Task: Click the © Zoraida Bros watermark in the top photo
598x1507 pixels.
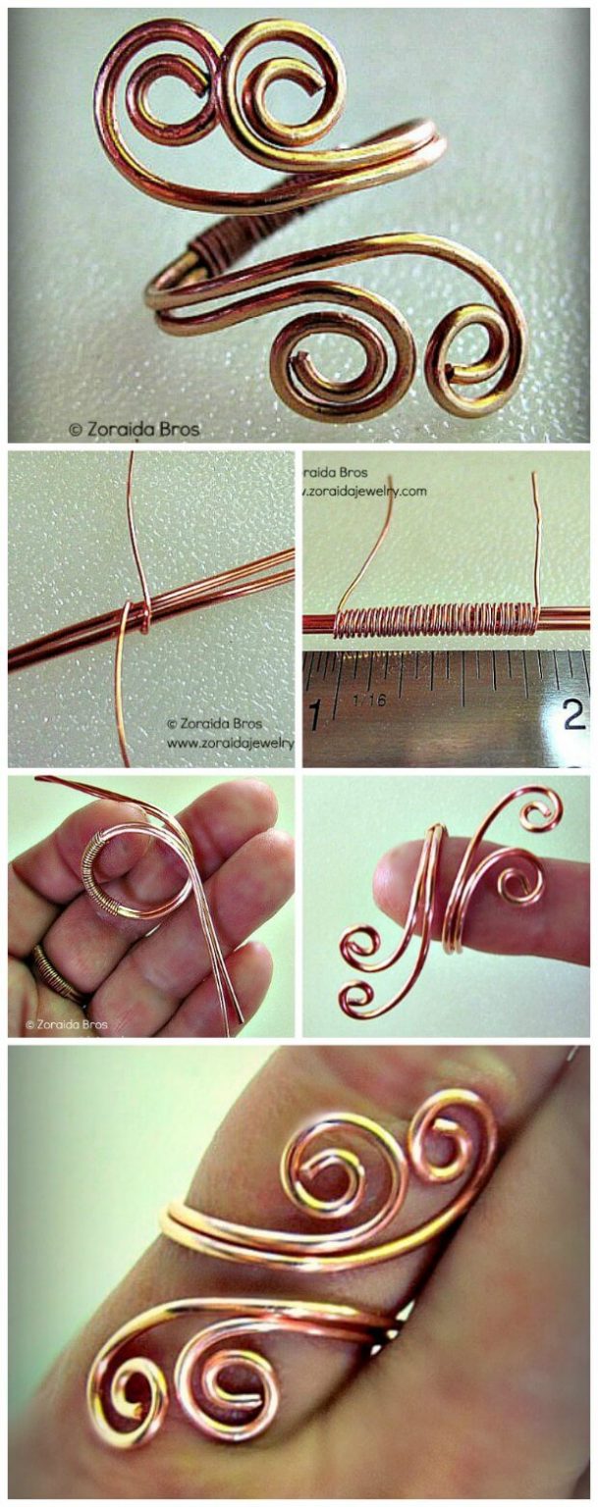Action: click(134, 429)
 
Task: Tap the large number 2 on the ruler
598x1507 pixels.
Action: click(574, 713)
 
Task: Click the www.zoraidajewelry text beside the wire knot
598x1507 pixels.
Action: click(230, 744)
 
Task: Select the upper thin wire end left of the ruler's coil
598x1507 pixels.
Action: click(365, 549)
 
